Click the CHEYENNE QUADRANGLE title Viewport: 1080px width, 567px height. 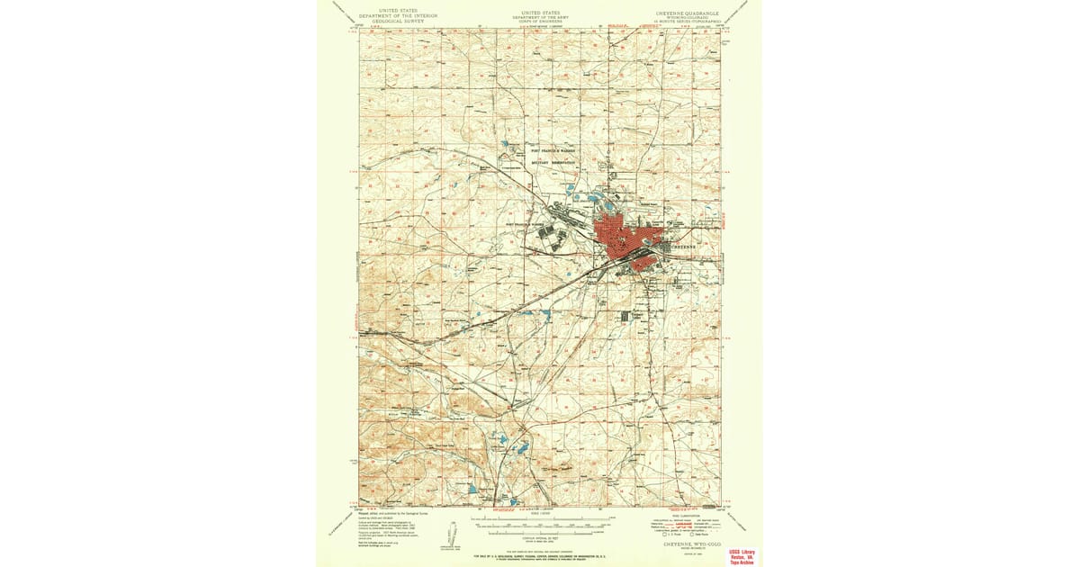[x=683, y=13]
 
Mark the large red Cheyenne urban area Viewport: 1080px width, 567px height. [x=621, y=238]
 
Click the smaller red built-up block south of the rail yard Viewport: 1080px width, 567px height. [x=643, y=264]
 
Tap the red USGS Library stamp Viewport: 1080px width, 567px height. [x=742, y=555]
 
